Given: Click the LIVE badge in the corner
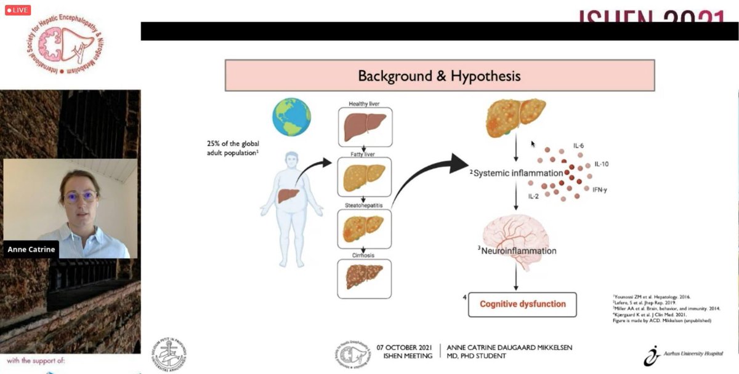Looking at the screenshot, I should [17, 10].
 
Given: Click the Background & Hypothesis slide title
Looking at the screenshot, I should [439, 76].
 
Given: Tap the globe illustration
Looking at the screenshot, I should [291, 117].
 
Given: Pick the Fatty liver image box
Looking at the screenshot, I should [365, 177].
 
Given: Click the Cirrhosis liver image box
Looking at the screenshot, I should [365, 279].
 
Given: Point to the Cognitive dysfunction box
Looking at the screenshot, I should [522, 304].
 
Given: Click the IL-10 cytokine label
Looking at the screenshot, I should [602, 165].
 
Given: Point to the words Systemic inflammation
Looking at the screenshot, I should [517, 173].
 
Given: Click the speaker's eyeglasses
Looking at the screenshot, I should [80, 197].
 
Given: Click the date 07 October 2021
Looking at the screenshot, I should [405, 348].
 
